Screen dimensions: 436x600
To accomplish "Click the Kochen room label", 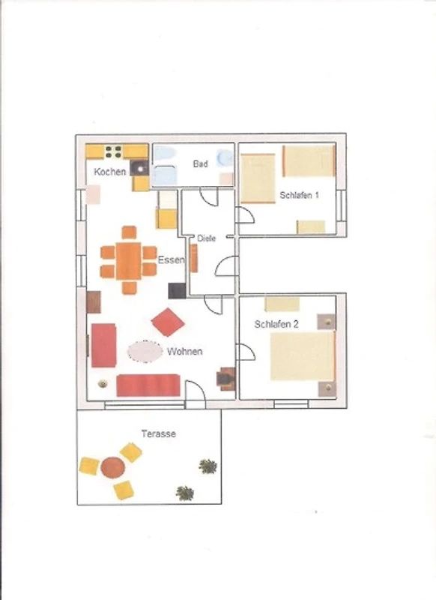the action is tap(109, 172).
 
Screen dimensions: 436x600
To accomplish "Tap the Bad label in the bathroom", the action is tap(200, 164).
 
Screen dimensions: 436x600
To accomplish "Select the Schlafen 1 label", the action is tap(299, 195).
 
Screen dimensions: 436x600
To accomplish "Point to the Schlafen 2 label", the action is tap(276, 325).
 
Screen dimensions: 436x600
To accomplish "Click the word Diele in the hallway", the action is tap(206, 238).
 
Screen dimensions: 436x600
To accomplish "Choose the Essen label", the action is tap(171, 260).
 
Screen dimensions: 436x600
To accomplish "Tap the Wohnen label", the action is tap(185, 352).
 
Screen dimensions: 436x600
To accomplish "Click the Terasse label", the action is tap(159, 434).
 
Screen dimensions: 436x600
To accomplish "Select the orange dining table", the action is tap(129, 260).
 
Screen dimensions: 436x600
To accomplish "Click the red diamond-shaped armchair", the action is tap(168, 322).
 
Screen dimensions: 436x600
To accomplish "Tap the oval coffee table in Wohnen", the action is tap(145, 352).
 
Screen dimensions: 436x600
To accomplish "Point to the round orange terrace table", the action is tap(112, 467).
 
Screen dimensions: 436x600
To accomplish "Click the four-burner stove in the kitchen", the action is tap(113, 152).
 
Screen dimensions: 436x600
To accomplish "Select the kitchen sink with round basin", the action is tap(139, 168).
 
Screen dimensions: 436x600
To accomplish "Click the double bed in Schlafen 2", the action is tap(303, 356).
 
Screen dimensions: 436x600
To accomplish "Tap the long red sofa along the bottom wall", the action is tap(148, 385).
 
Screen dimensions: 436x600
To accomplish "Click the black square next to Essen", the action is tap(177, 291).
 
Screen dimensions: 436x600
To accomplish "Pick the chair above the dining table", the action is tap(129, 232).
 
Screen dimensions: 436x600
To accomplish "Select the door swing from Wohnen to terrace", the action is tap(196, 390).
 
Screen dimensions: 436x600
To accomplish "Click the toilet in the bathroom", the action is tap(225, 157).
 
